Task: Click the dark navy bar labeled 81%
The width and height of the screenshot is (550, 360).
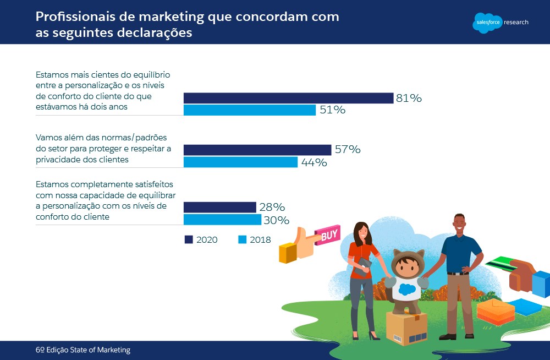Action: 288,98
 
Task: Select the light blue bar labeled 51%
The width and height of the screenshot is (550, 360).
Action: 250,110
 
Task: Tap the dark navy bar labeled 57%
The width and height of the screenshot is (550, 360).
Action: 257,150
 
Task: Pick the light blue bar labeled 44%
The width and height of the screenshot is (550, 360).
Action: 240,162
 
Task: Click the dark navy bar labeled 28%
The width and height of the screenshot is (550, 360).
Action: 219,208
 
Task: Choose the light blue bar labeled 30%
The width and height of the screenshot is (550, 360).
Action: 222,220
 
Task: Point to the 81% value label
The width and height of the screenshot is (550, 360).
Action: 409,99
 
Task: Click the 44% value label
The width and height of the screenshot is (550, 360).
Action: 314,163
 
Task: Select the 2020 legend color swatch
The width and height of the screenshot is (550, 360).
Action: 188,239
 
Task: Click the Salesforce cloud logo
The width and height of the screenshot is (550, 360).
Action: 487,23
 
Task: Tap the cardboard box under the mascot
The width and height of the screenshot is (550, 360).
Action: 406,328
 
